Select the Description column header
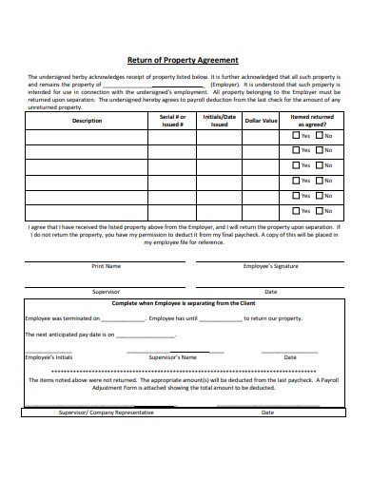click(86, 121)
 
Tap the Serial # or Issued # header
click(172, 121)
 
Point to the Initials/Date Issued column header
click(219, 121)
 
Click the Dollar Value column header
click(261, 121)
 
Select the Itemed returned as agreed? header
click(312, 121)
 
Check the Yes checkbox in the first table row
click(296, 136)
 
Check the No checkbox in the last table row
click(321, 210)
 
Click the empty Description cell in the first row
click(86, 136)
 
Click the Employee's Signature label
click(270, 266)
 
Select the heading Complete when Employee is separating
click(185, 302)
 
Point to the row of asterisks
click(185, 370)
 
